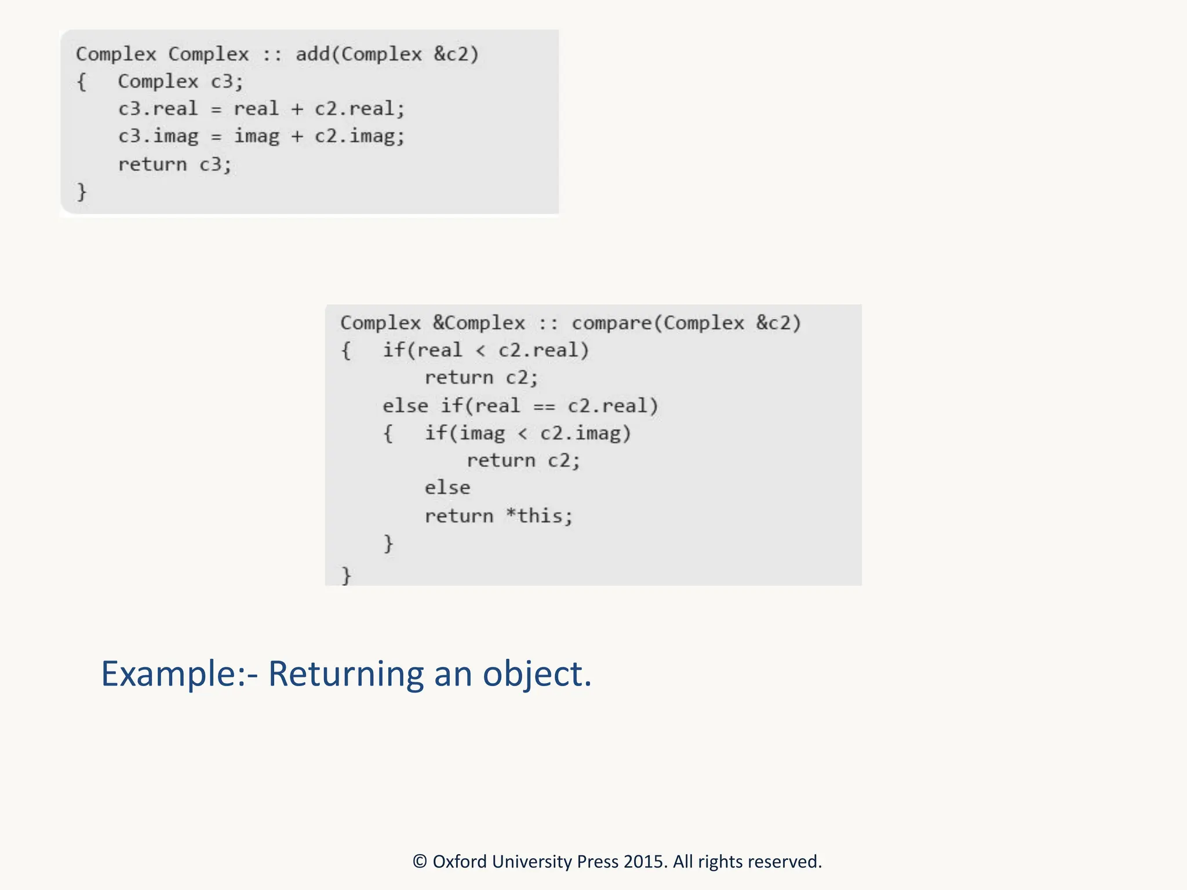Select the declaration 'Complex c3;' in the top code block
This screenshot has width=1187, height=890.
pyautogui.click(x=180, y=82)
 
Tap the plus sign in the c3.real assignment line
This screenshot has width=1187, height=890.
pyautogui.click(x=297, y=109)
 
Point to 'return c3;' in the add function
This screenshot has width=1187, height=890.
pyautogui.click(x=174, y=165)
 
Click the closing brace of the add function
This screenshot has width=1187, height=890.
pyautogui.click(x=82, y=192)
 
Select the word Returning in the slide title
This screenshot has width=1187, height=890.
pyautogui.click(x=345, y=674)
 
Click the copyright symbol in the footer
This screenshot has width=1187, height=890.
pyautogui.click(x=420, y=862)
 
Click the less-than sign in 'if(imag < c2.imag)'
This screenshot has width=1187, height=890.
pyautogui.click(x=522, y=434)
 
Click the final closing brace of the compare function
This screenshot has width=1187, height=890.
pyautogui.click(x=346, y=576)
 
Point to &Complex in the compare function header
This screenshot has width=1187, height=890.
pyautogui.click(x=479, y=323)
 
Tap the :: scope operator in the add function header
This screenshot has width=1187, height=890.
pyautogui.click(x=272, y=54)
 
